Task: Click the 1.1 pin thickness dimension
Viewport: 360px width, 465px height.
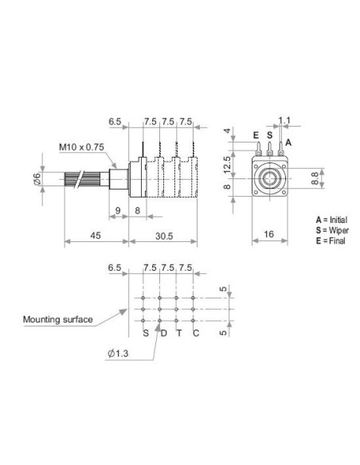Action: [x=284, y=120]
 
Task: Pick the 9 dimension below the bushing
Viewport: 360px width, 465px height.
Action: [x=118, y=211]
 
